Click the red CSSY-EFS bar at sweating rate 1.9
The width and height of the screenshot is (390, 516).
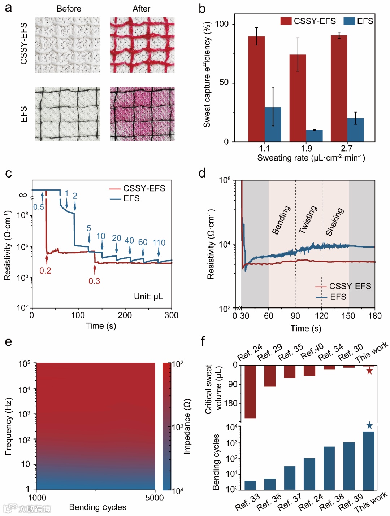[298, 98]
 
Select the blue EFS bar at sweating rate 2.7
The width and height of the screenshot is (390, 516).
[355, 130]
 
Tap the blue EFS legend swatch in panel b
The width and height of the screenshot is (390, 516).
[349, 21]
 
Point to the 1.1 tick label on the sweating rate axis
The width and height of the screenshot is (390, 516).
[264, 148]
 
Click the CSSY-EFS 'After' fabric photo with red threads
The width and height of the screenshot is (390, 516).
[142, 45]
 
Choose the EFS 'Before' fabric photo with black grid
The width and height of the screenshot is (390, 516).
[68, 114]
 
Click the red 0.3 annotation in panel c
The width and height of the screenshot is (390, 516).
[94, 281]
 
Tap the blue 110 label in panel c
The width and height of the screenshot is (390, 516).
[159, 242]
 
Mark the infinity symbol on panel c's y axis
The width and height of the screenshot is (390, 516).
[23, 195]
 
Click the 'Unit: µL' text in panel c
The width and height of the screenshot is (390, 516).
[148, 297]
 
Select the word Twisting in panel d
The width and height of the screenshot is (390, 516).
[308, 219]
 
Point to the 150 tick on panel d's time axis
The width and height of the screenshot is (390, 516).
[348, 316]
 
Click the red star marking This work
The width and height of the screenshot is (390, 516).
[369, 371]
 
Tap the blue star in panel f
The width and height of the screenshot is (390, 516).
[369, 426]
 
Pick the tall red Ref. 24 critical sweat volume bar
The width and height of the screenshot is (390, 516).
[250, 392]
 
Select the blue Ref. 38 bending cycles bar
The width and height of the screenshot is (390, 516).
[329, 468]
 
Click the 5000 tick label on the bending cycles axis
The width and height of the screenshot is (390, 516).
[154, 498]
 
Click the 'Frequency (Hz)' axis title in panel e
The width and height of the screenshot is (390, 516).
[9, 427]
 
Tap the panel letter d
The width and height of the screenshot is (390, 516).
[202, 174]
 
